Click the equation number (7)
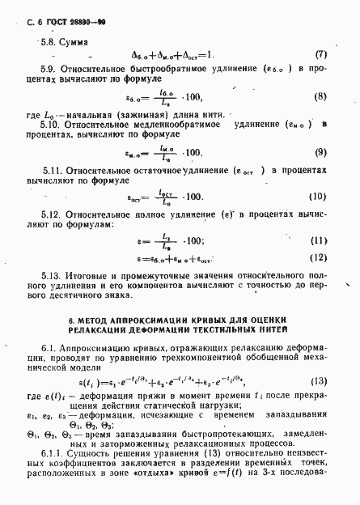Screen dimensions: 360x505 coord(320,55)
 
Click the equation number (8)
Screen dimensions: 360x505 coord(320,96)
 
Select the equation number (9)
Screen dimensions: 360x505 coord(320,152)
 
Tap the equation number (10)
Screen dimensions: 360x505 coord(319,197)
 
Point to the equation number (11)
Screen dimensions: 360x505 coord(320,240)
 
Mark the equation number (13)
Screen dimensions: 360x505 coord(320,380)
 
